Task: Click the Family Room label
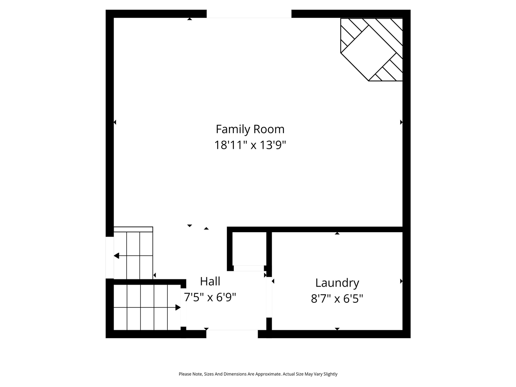250,129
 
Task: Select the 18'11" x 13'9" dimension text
250,145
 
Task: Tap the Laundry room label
337,283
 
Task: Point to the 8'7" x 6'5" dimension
337,299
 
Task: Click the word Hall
210,281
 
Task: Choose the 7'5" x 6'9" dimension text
210,298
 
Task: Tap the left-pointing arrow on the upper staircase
117,256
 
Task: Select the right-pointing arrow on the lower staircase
178,308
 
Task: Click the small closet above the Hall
249,248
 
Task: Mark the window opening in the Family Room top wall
249,14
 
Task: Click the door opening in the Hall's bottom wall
232,333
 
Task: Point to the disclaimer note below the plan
258,374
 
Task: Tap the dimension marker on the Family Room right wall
401,122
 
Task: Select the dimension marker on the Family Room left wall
115,122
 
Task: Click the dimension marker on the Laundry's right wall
401,281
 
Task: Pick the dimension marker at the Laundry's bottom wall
337,329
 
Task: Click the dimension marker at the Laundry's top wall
337,233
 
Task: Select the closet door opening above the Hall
249,268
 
